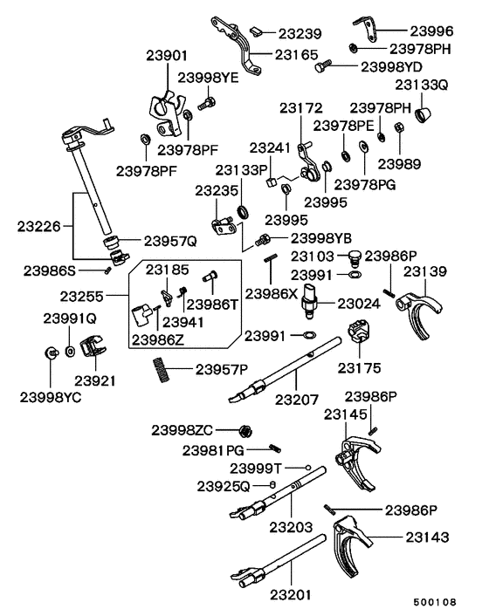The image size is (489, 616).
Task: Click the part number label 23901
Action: tap(167, 55)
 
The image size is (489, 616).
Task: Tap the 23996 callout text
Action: tap(433, 27)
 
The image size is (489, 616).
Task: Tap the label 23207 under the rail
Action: tap(298, 400)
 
